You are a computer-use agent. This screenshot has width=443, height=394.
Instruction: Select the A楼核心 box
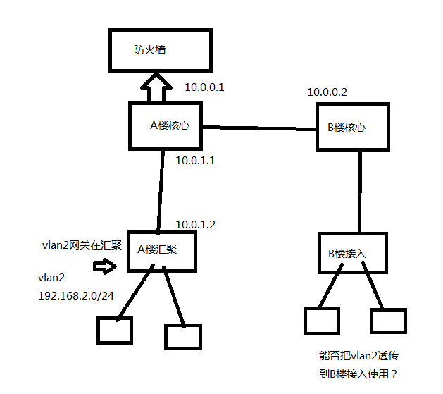tap(166, 126)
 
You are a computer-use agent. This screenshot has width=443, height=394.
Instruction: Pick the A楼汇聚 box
tap(161, 250)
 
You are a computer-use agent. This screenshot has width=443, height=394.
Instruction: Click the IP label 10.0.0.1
tap(204, 88)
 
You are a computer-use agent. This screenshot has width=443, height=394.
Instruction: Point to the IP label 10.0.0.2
tap(327, 92)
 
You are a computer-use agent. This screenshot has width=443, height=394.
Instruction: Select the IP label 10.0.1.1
tap(195, 161)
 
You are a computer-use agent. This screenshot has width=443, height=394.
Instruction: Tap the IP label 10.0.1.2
tap(195, 224)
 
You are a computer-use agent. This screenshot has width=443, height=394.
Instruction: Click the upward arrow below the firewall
tap(156, 90)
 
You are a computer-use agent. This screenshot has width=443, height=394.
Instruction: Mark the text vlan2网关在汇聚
tap(82, 245)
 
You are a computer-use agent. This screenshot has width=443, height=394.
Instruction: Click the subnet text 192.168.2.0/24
tap(76, 295)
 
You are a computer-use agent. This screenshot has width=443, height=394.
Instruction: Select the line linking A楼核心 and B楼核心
tap(258, 128)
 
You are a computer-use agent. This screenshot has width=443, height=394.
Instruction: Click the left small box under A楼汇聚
tap(115, 330)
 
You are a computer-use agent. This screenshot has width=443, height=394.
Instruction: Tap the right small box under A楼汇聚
tap(183, 336)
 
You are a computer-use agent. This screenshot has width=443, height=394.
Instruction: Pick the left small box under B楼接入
tap(322, 321)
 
